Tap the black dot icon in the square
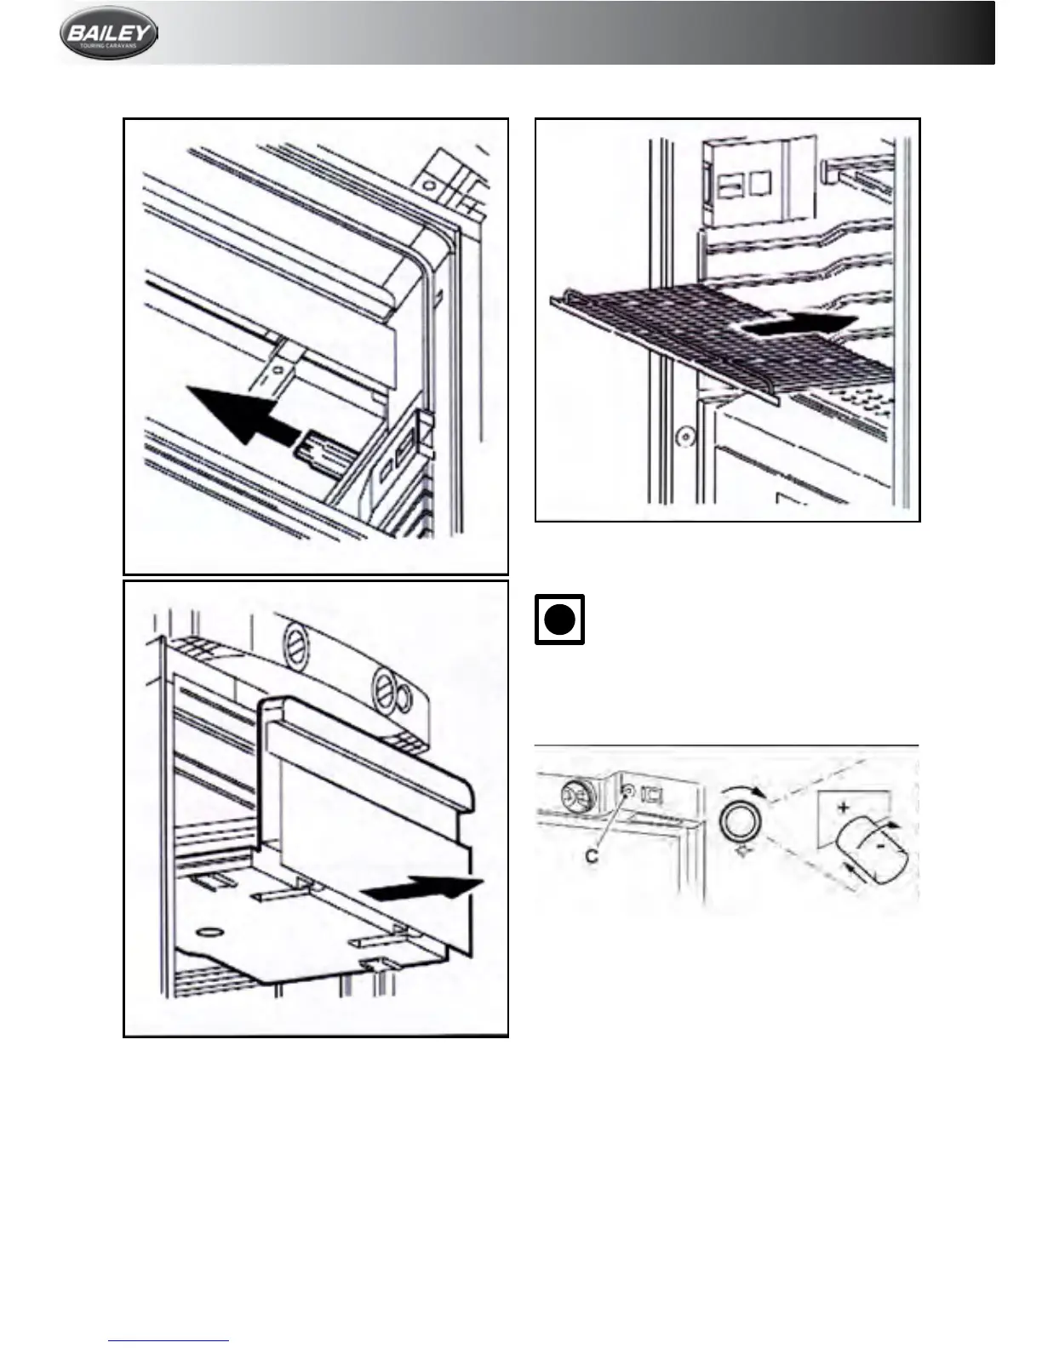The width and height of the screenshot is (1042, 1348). click(559, 620)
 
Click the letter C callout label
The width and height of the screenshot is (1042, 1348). click(592, 857)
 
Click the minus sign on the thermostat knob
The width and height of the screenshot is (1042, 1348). click(879, 848)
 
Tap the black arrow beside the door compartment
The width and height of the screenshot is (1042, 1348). click(421, 890)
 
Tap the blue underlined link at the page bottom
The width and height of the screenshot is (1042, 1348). click(169, 1340)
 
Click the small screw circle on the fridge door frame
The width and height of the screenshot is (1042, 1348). click(681, 438)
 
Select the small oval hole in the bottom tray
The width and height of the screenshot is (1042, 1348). click(209, 928)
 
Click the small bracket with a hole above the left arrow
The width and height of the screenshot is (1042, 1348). click(277, 368)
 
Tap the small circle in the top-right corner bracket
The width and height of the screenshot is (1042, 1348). click(428, 184)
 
